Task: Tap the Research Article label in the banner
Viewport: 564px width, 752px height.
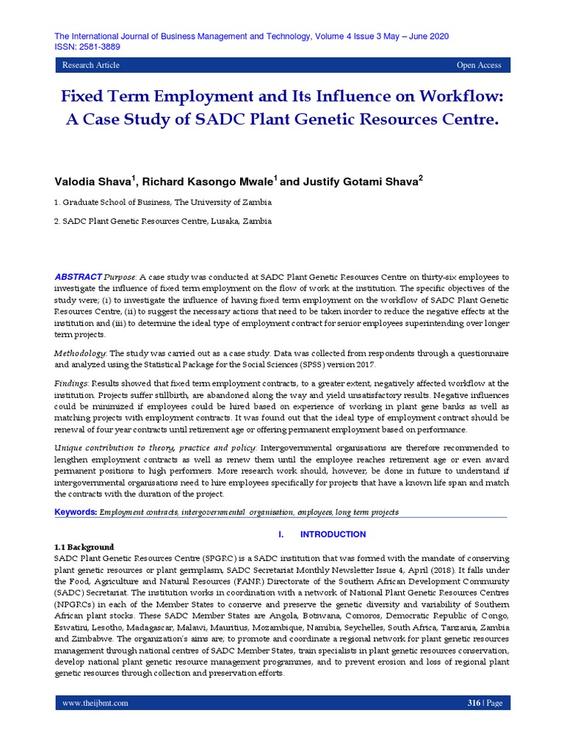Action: click(90, 65)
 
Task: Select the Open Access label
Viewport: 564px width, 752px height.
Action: click(479, 65)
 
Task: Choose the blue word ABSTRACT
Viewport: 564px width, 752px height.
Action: click(79, 276)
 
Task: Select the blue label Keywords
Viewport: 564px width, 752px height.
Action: click(76, 511)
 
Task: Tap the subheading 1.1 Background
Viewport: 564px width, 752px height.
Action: click(84, 547)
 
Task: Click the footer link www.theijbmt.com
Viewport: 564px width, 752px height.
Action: click(95, 703)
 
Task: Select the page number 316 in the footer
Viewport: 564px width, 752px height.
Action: click(474, 703)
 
